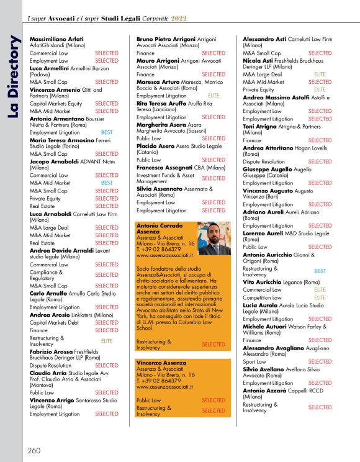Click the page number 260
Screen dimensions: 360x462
click(x=34, y=450)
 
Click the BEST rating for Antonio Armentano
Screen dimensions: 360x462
click(x=107, y=133)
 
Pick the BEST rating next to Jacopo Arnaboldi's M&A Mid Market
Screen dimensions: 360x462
click(x=107, y=183)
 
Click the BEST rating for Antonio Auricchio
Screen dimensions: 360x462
click(x=320, y=271)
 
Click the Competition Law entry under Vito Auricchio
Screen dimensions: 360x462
click(x=261, y=297)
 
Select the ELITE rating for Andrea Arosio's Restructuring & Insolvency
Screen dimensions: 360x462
click(x=107, y=341)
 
